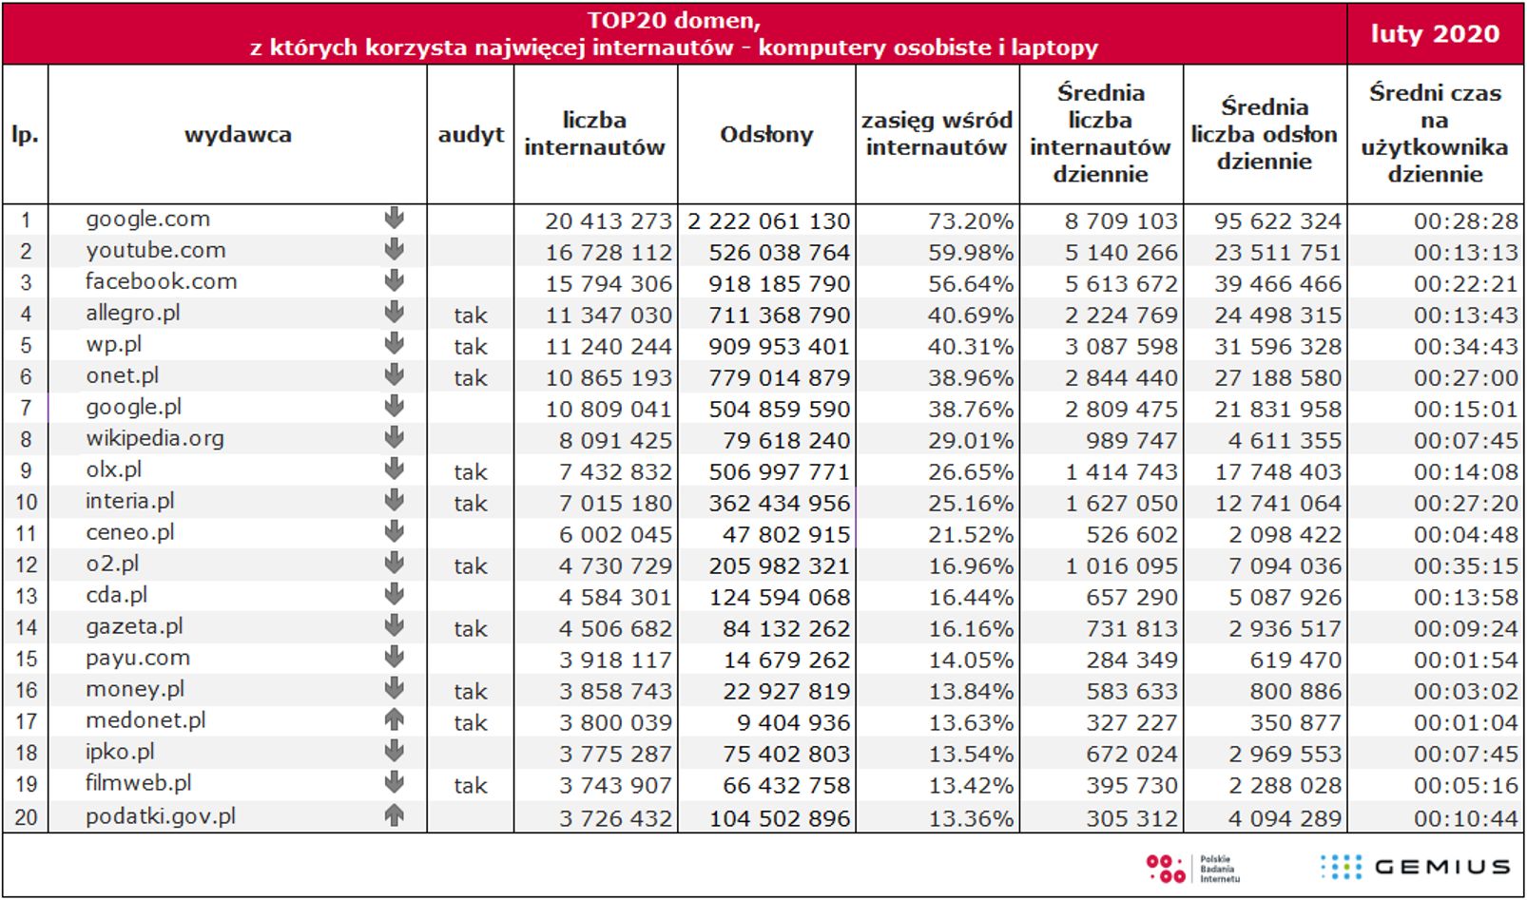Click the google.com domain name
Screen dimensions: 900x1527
tap(147, 219)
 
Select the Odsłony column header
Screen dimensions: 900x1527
tap(766, 134)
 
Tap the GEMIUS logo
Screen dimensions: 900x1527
tap(1415, 866)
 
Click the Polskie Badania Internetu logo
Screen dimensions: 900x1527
tap(1192, 868)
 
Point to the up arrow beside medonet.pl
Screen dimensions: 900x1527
tap(394, 720)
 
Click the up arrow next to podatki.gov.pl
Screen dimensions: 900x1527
tap(394, 814)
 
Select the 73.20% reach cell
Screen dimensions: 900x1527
tap(970, 221)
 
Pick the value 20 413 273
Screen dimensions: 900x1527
tap(609, 221)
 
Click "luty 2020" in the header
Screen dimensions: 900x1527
tap(1434, 34)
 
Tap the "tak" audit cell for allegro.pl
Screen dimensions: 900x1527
tap(470, 316)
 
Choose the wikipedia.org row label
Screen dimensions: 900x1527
tap(155, 438)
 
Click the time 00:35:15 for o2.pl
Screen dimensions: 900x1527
tap(1465, 566)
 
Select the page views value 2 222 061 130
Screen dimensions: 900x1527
tap(768, 221)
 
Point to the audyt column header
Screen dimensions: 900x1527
tap(471, 134)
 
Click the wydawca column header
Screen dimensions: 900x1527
tap(238, 134)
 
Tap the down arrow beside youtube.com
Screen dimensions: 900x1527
tap(394, 250)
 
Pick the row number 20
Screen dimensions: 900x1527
tap(26, 817)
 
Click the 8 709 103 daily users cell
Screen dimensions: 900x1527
tap(1120, 221)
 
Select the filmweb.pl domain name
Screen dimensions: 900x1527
tap(139, 783)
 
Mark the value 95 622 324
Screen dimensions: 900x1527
tap(1277, 221)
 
